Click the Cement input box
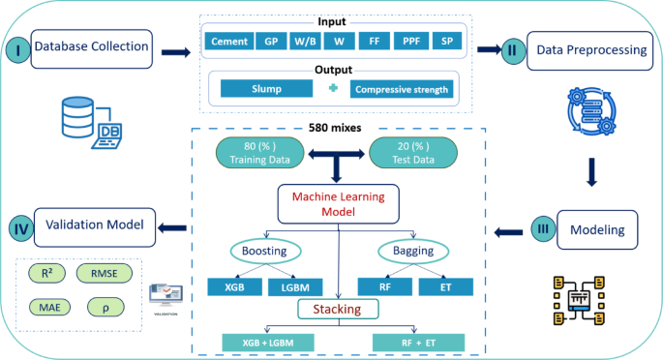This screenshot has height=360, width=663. tap(228, 42)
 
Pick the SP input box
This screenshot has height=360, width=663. tap(446, 42)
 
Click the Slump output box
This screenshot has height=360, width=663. tap(266, 89)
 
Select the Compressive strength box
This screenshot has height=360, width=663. tap(402, 89)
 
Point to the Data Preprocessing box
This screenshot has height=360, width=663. tap(585, 48)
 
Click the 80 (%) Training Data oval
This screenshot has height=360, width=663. tap(250, 153)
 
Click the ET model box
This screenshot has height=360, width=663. tap(445, 286)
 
